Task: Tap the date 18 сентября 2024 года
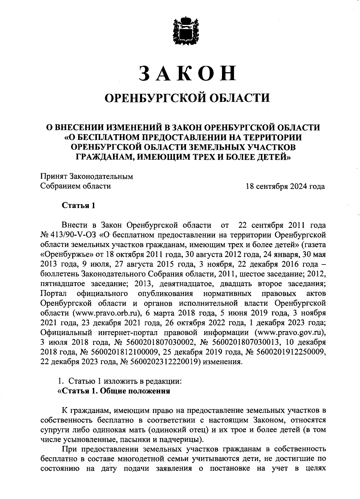tap(285, 186)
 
